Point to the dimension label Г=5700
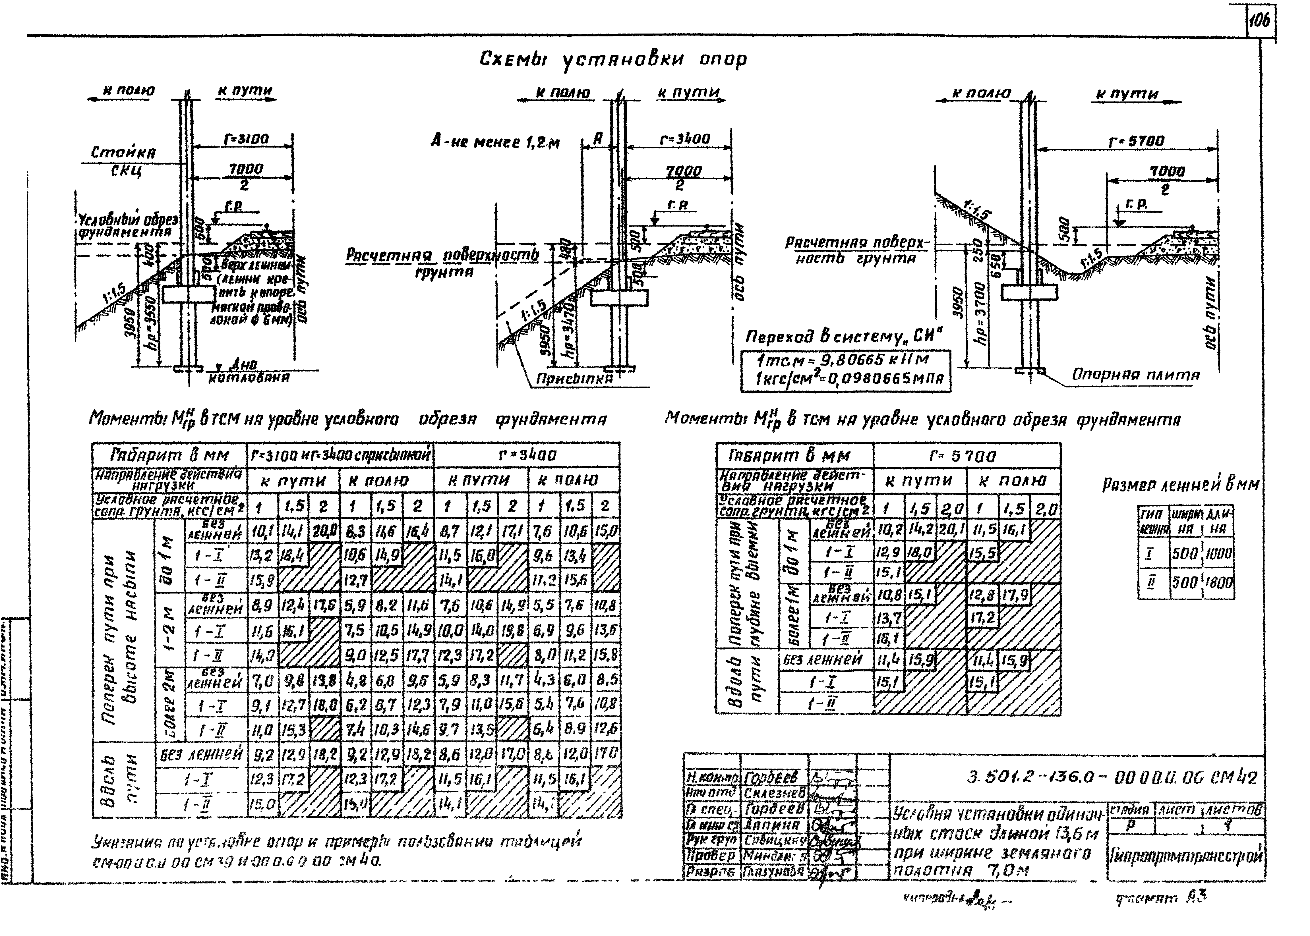click(1136, 141)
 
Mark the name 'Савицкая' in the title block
click(774, 840)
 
